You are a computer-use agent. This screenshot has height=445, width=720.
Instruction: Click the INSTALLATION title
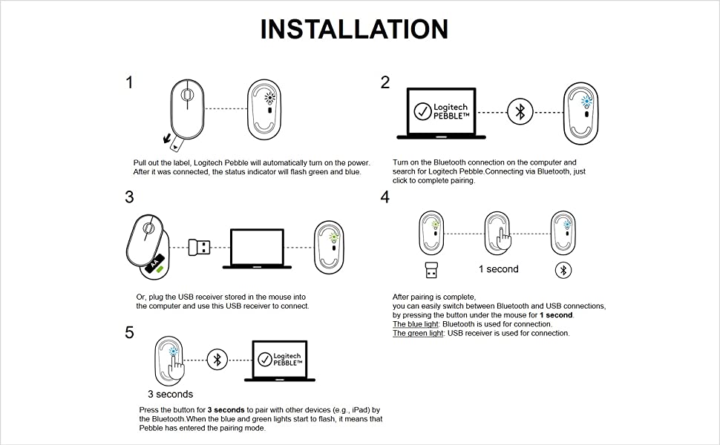(354, 29)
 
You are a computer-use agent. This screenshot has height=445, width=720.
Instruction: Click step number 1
(130, 82)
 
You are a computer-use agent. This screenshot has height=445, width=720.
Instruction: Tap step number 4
(384, 197)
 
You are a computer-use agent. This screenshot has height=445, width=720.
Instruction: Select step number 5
(130, 333)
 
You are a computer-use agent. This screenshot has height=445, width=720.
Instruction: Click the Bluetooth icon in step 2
(520, 112)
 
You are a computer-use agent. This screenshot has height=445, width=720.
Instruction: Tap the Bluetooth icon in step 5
(217, 359)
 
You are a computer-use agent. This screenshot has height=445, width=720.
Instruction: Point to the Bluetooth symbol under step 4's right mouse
(563, 270)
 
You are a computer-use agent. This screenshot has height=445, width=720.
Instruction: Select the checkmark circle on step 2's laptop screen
(422, 112)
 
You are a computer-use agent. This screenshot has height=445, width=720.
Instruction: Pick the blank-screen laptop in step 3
(257, 248)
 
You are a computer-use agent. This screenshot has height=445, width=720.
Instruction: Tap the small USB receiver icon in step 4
(431, 269)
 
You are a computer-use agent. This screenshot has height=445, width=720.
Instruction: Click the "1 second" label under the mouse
(498, 269)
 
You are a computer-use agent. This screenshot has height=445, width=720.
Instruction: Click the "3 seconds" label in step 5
(170, 394)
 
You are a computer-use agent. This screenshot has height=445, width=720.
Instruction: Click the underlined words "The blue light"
(416, 324)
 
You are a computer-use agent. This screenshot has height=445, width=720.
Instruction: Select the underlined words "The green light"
(417, 334)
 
